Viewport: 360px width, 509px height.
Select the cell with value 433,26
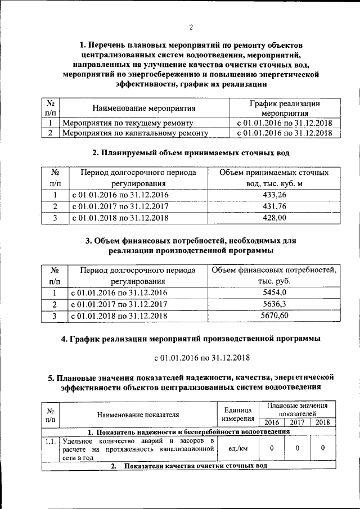[274, 195]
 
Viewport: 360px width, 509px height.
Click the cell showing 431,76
[274, 207]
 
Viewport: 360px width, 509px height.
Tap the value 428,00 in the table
[274, 218]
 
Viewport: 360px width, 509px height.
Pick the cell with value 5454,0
[274, 292]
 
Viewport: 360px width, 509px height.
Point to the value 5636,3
[274, 304]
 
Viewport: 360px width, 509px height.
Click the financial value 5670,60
[274, 316]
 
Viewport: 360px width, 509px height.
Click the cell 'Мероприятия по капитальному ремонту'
[135, 133]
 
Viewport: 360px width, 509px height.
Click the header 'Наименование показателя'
[138, 415]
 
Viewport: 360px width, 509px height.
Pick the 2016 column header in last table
[271, 422]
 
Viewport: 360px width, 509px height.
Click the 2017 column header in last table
[297, 422]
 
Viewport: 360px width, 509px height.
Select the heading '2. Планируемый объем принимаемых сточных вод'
[191, 152]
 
